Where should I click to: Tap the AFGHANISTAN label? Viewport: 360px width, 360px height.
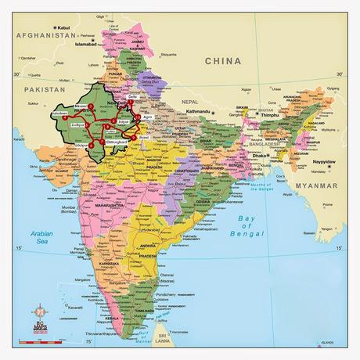tap(39, 35)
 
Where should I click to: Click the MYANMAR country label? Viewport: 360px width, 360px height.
tap(319, 186)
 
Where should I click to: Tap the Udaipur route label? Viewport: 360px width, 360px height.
tap(92, 145)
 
